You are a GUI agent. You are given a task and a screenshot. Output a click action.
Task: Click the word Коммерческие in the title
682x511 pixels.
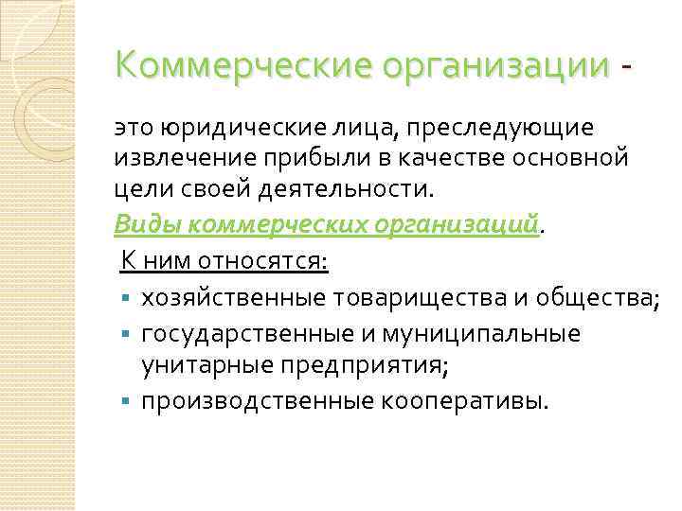(242, 65)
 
